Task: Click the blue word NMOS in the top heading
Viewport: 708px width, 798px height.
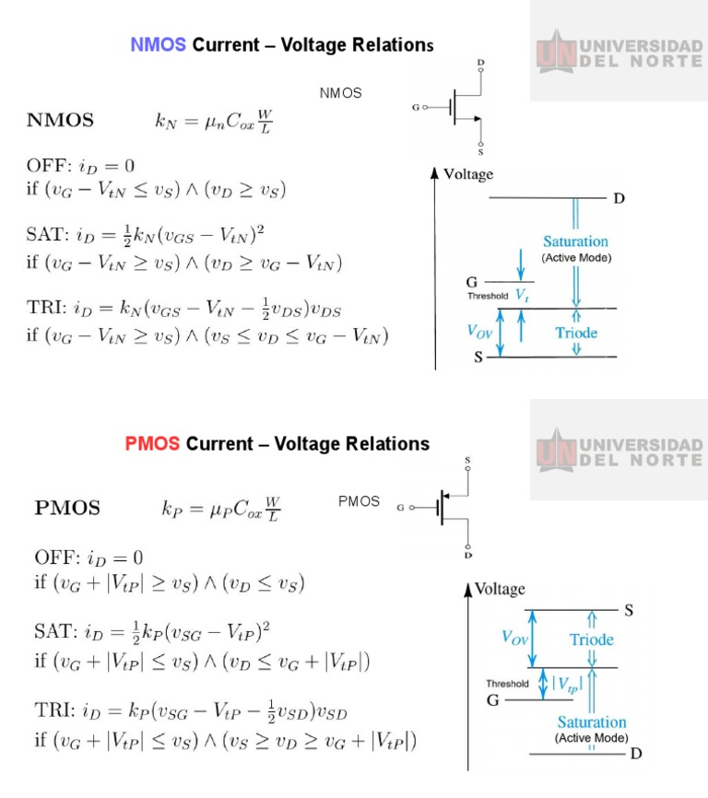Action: pyautogui.click(x=159, y=44)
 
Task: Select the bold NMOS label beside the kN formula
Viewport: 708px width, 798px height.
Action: pyautogui.click(x=60, y=120)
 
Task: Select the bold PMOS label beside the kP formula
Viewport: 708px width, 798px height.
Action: pyautogui.click(x=67, y=508)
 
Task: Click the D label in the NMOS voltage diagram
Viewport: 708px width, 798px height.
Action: pyautogui.click(x=619, y=198)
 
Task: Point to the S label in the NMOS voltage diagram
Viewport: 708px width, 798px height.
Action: pyautogui.click(x=478, y=358)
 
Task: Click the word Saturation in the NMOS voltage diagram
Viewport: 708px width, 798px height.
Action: pyautogui.click(x=575, y=241)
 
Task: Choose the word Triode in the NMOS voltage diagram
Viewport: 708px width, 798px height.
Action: pyautogui.click(x=576, y=333)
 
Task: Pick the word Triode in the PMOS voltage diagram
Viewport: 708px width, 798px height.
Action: pyautogui.click(x=591, y=640)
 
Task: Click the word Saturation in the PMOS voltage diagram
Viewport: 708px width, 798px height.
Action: pyautogui.click(x=591, y=722)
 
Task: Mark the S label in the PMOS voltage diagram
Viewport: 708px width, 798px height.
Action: pyautogui.click(x=629, y=610)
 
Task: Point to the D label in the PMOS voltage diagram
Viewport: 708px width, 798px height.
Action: pyautogui.click(x=636, y=754)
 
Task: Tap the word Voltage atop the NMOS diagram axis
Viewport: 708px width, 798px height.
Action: pyautogui.click(x=468, y=174)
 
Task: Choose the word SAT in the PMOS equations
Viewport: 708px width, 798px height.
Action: pyautogui.click(x=52, y=632)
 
